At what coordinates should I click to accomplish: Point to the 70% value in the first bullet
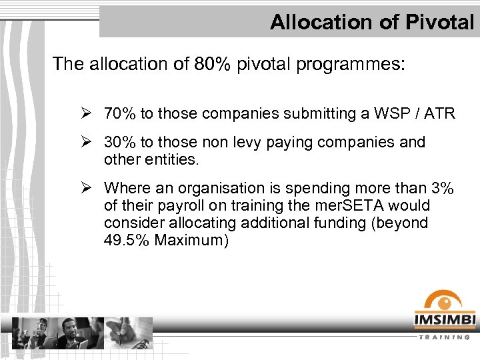point(119,114)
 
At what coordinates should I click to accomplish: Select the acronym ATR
point(441,114)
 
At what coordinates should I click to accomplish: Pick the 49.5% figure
point(127,240)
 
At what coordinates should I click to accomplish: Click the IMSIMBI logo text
point(445,320)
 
